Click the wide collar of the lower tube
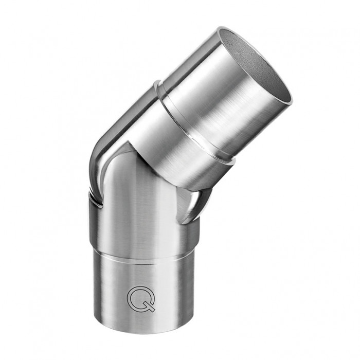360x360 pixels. [x=144, y=226]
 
